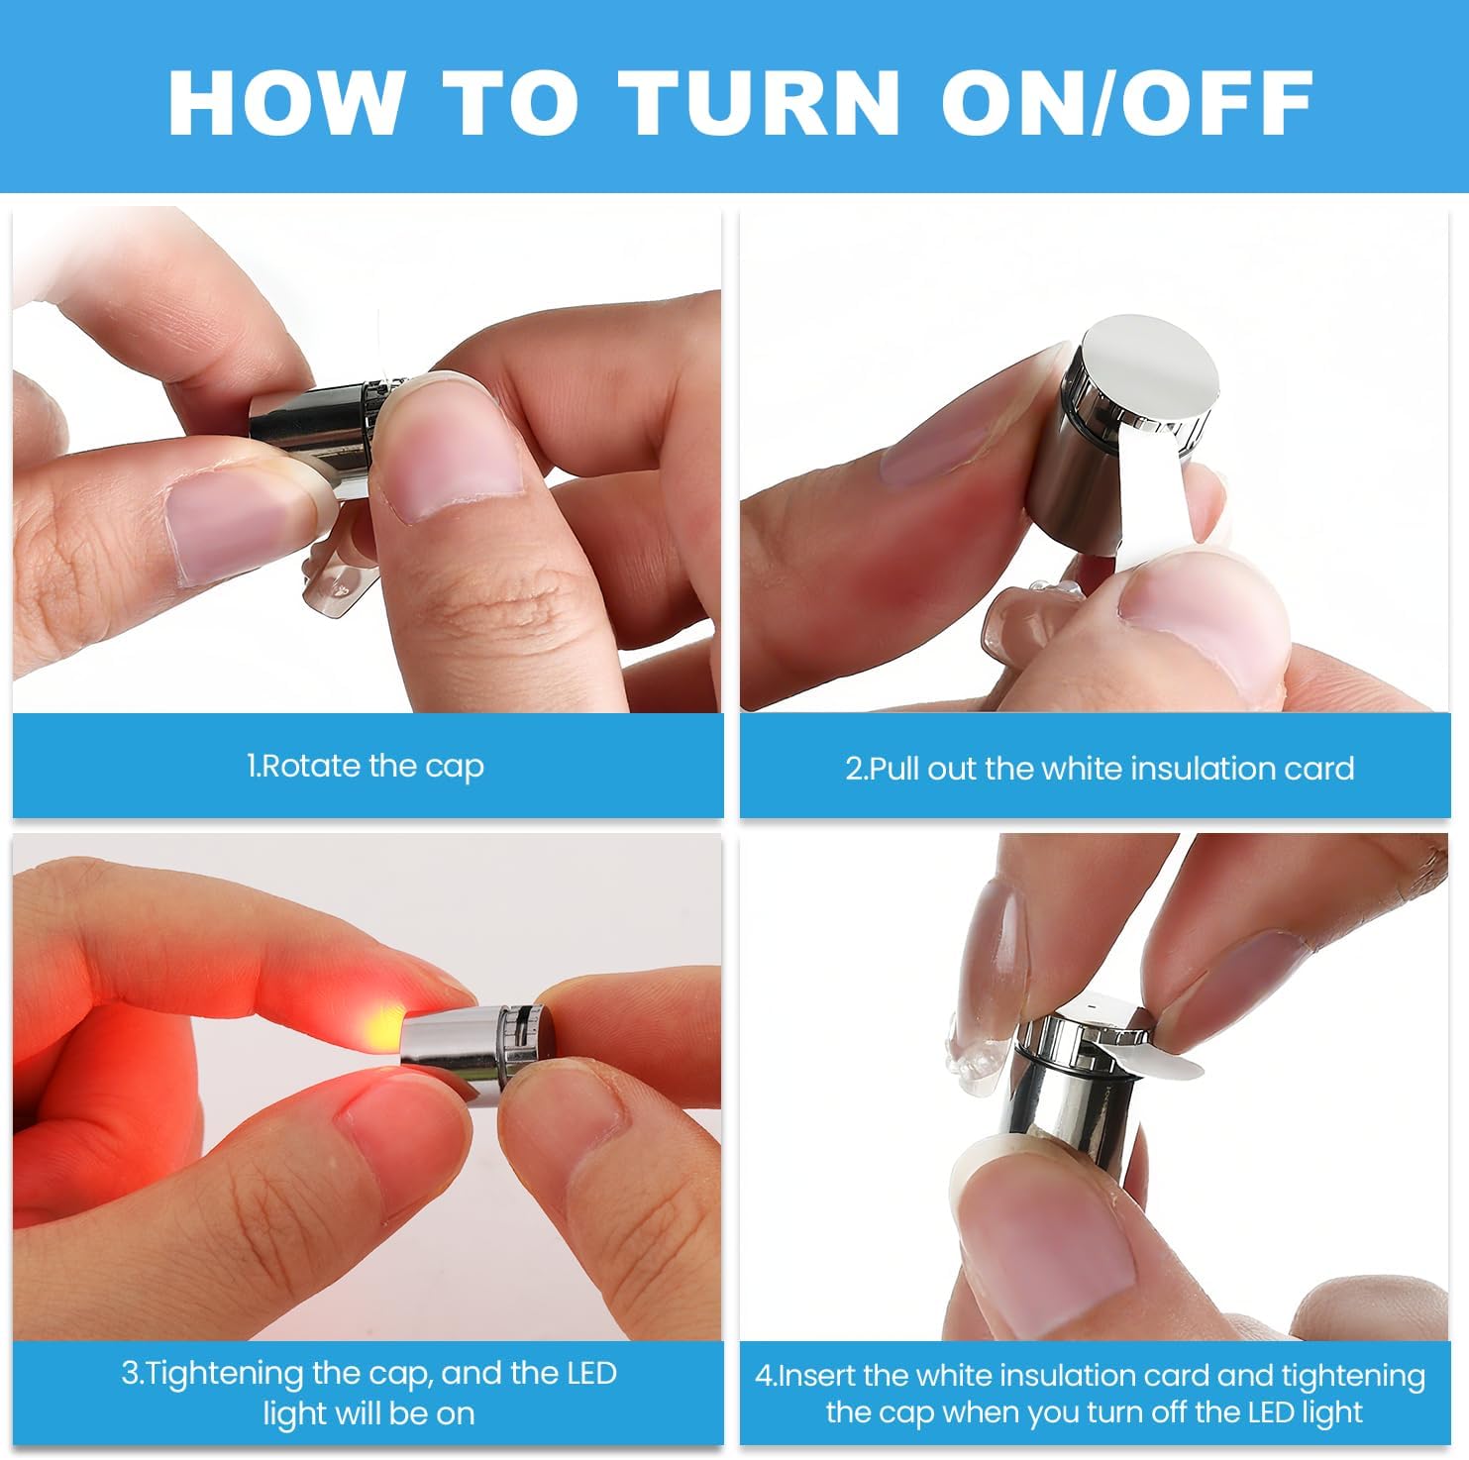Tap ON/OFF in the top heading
pyautogui.click(x=1127, y=102)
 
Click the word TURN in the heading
pyautogui.click(x=758, y=102)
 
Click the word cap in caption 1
pyautogui.click(x=455, y=769)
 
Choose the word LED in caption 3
pyautogui.click(x=591, y=1373)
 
